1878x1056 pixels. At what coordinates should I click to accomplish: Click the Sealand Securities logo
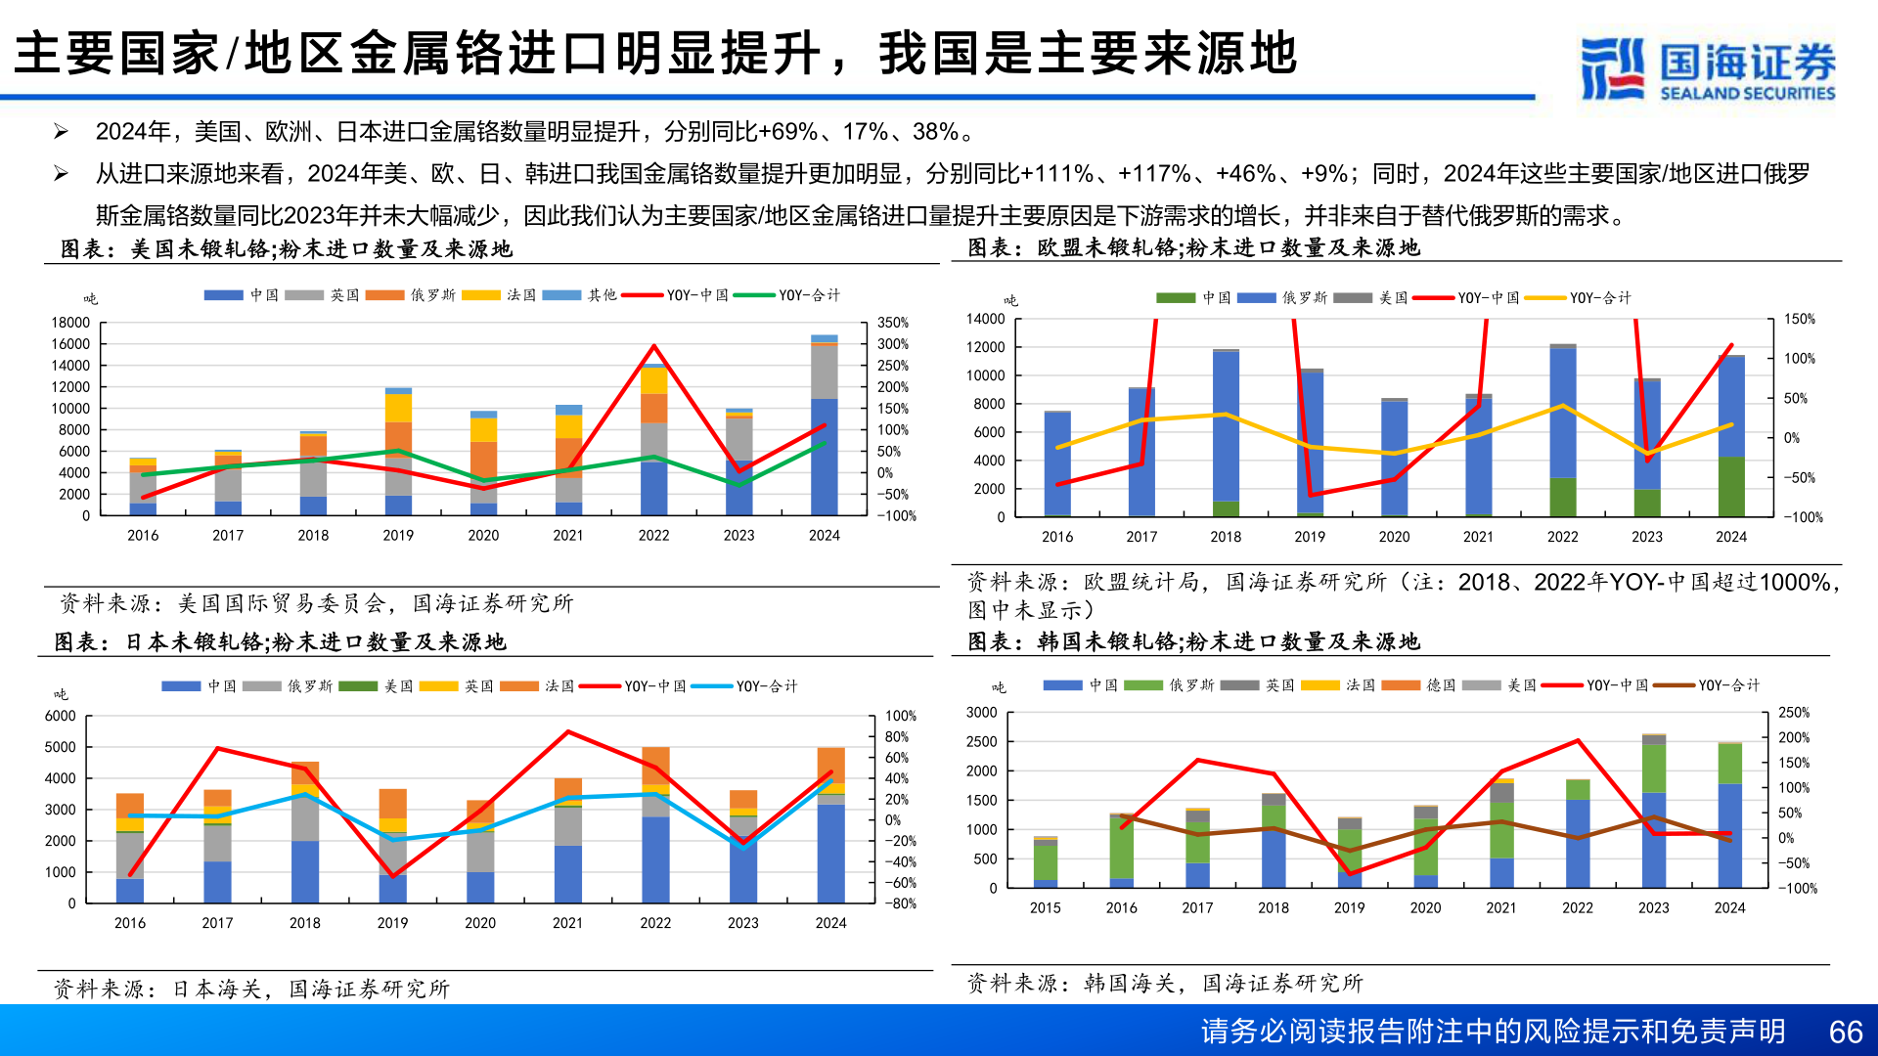point(1708,68)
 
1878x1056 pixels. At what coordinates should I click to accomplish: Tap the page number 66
point(1845,1032)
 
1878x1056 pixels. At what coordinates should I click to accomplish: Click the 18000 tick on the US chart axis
point(70,323)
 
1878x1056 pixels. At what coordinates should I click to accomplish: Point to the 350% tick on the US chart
point(892,323)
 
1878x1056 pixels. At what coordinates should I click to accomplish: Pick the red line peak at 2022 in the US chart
point(653,346)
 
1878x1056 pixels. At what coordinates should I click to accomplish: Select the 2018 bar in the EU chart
point(1226,430)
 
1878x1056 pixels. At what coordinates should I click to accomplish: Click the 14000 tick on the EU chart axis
point(985,319)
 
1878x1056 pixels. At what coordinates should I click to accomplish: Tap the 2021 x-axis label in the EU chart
point(1478,537)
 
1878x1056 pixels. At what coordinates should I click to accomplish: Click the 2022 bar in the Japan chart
point(655,826)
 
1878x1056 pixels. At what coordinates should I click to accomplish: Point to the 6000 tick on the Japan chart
point(61,716)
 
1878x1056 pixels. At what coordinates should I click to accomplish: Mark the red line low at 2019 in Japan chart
point(392,876)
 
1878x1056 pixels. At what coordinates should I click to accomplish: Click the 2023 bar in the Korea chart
point(1653,812)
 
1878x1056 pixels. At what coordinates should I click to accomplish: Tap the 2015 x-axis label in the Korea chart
point(1045,908)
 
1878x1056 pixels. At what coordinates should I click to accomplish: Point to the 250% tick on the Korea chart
point(1794,713)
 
